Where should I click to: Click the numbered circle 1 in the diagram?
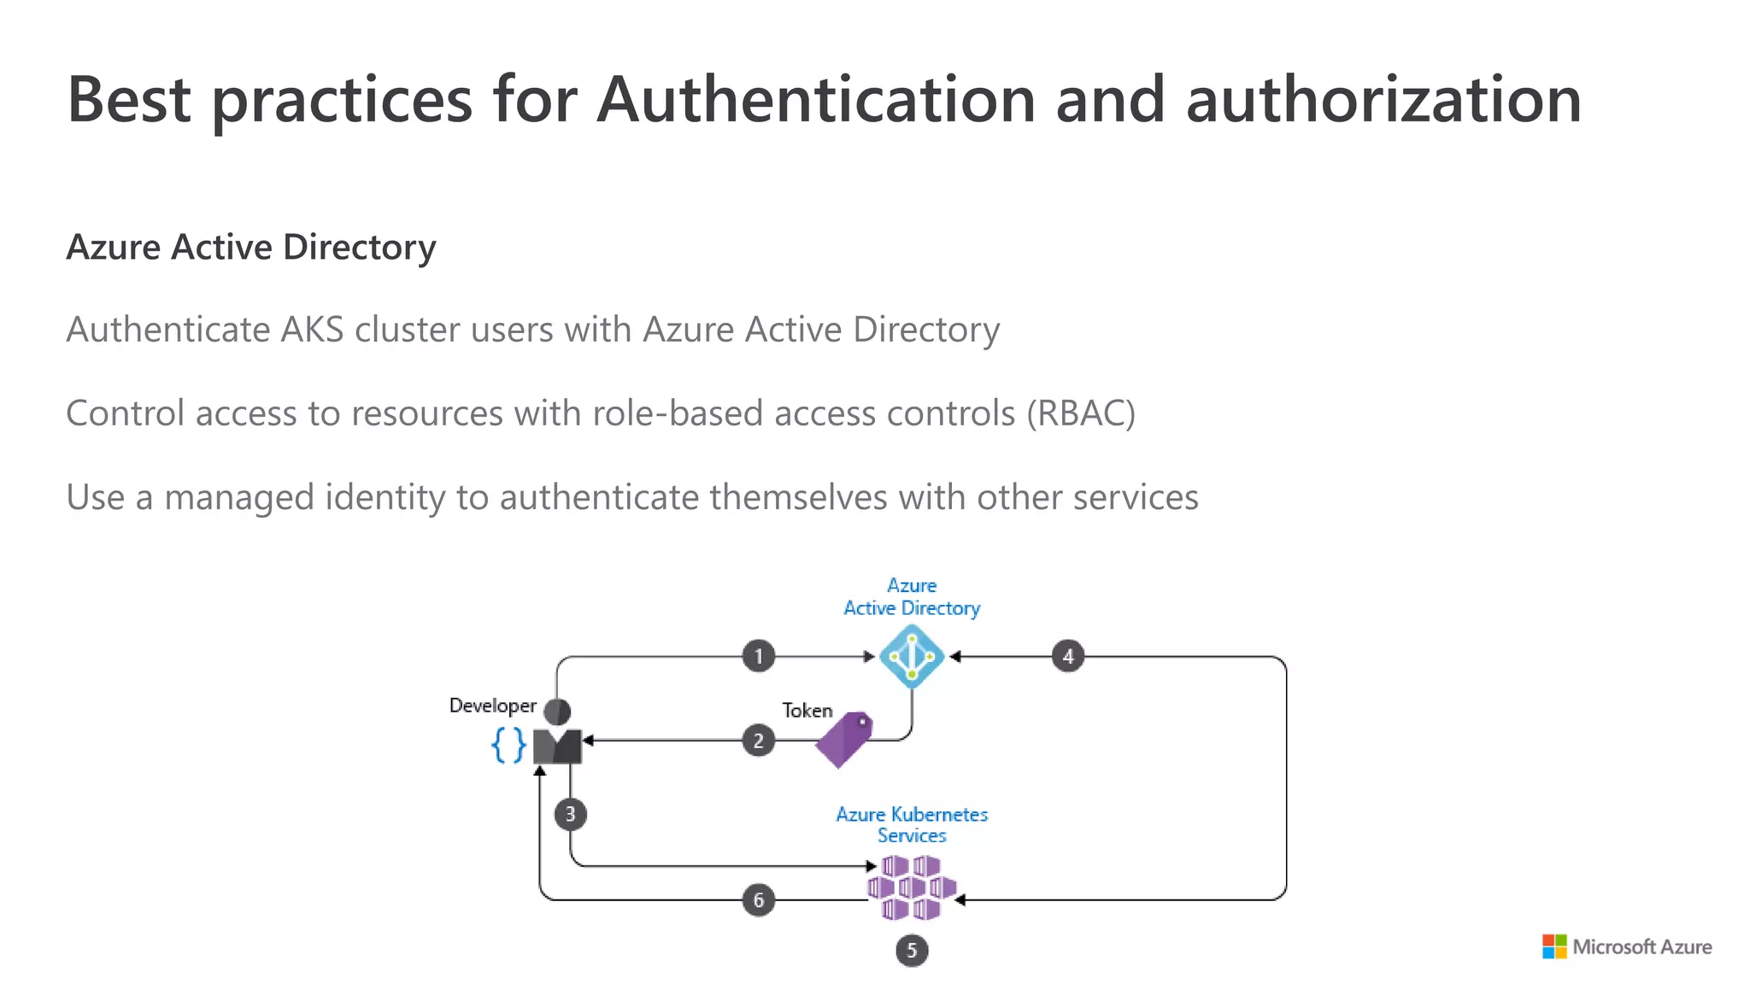tap(758, 657)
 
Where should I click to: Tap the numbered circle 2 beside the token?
tap(758, 741)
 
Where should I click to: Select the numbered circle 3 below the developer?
tap(570, 814)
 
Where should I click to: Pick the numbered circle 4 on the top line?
tap(1067, 657)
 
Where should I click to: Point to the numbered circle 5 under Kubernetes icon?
tap(912, 951)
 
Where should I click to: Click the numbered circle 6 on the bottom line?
tap(758, 899)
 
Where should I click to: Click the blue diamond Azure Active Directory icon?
tap(912, 656)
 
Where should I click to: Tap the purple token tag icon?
tap(844, 739)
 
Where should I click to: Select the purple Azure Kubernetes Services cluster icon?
tap(912, 887)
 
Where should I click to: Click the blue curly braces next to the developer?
tap(508, 745)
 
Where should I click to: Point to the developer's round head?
tap(557, 711)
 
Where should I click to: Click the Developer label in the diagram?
tap(492, 706)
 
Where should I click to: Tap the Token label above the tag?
tap(807, 710)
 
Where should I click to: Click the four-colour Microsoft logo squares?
tap(1554, 946)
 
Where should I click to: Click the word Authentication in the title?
tap(816, 100)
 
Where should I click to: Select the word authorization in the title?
tap(1383, 100)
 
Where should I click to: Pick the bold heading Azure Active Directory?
tap(251, 247)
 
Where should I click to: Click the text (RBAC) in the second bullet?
tap(1081, 413)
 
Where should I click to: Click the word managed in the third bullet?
tap(238, 497)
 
